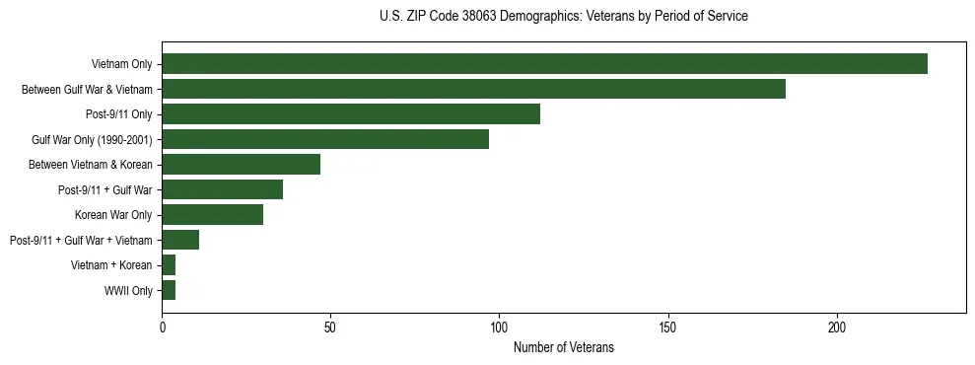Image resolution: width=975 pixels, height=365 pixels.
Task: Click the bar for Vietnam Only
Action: click(x=544, y=64)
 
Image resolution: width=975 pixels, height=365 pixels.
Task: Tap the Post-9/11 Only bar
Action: click(x=351, y=114)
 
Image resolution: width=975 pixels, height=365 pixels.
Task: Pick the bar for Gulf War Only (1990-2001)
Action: click(x=325, y=139)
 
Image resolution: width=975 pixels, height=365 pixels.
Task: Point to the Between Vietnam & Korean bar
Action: click(x=241, y=165)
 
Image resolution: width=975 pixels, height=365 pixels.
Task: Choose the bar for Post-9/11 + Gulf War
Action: click(x=222, y=189)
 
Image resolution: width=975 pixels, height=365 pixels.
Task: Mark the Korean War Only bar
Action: click(x=212, y=215)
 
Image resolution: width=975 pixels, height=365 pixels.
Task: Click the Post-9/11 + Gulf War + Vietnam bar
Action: click(x=180, y=240)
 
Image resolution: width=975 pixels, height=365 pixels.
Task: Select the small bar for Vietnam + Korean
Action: click(x=169, y=265)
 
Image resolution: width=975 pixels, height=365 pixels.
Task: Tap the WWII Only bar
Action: click(x=169, y=290)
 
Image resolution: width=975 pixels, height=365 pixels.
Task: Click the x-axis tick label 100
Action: click(x=499, y=327)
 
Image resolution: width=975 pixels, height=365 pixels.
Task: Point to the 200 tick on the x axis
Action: click(x=837, y=327)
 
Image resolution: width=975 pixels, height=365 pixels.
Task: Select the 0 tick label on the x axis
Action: click(x=162, y=327)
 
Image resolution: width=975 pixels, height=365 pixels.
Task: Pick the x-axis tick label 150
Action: click(x=668, y=327)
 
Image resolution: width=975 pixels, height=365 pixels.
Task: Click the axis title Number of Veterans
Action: click(x=563, y=347)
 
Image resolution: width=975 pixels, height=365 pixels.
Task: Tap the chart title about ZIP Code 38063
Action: click(x=563, y=17)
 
